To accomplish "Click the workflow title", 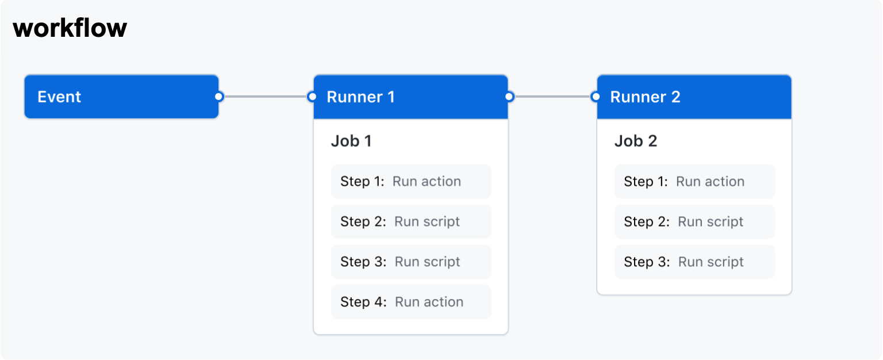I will (70, 28).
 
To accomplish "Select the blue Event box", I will (121, 97).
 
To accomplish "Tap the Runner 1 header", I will (410, 97).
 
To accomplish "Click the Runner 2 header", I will (694, 97).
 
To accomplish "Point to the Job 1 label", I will (351, 141).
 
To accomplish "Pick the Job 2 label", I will (635, 141).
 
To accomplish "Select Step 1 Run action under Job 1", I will (411, 182).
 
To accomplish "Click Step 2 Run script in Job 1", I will (411, 222).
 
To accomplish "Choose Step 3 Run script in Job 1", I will (411, 262).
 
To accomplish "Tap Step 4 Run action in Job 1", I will (411, 302).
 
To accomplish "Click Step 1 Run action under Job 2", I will (694, 182).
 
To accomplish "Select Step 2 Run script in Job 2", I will (694, 222).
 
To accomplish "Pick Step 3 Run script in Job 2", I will (694, 262).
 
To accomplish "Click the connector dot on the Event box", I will (218, 97).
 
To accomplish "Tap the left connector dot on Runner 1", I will (312, 97).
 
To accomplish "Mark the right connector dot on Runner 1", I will (509, 97).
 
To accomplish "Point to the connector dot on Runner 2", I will (596, 97).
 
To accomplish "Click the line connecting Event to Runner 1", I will (265, 97).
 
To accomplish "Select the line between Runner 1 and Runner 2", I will (552, 97).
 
